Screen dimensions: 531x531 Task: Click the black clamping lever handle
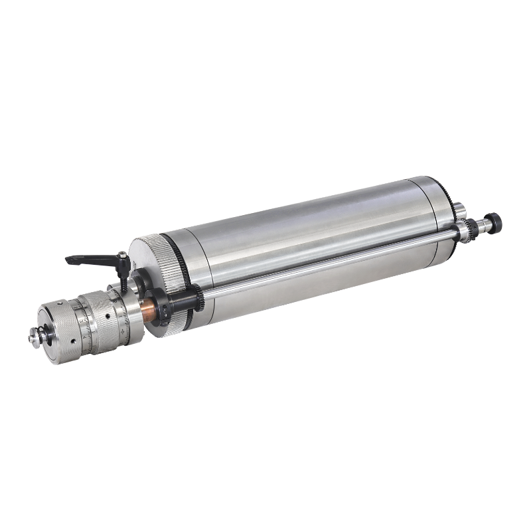click(86, 260)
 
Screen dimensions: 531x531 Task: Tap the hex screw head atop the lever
click(123, 256)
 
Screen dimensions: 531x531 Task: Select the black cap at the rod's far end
click(494, 220)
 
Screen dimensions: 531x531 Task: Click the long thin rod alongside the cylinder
click(332, 262)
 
